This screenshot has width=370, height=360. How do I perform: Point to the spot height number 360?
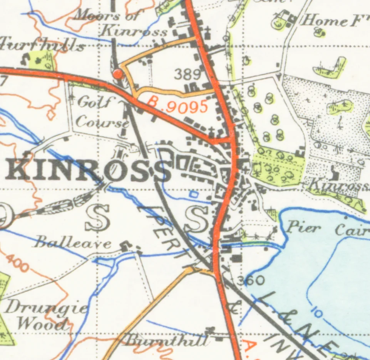coord(250,281)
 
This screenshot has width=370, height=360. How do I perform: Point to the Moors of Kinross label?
coord(122,24)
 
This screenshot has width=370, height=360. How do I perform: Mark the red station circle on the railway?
coord(118,74)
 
